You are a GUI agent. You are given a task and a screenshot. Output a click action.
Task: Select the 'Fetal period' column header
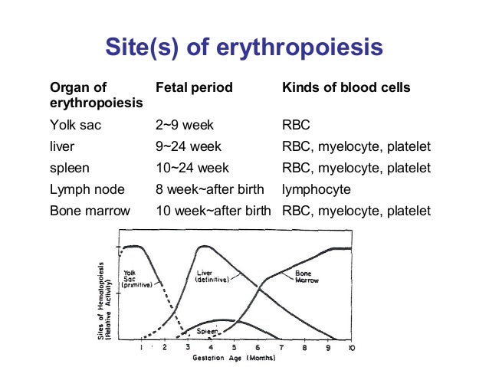(x=194, y=88)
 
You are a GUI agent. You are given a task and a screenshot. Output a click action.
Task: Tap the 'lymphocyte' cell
(x=314, y=189)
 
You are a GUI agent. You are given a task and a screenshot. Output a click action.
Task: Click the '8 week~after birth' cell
(x=208, y=189)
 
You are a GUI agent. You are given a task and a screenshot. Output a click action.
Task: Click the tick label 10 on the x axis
(x=350, y=348)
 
